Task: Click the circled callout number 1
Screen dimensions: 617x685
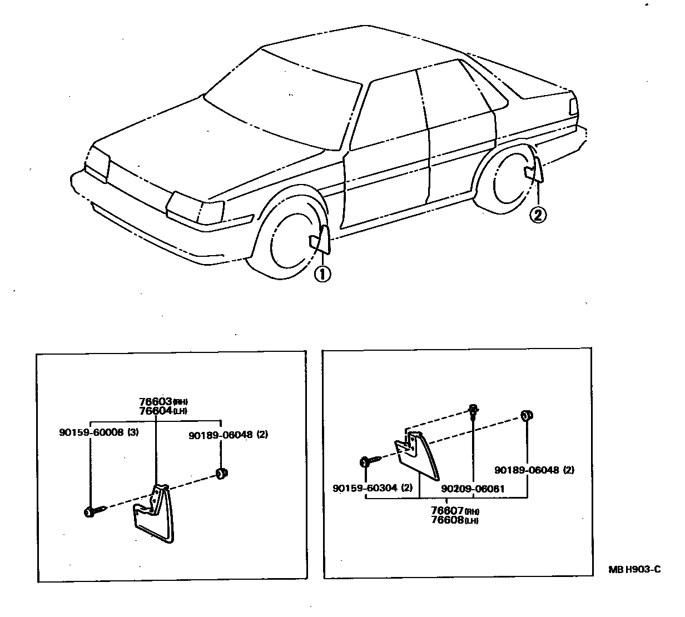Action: coord(322,274)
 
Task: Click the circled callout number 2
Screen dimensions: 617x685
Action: coord(538,214)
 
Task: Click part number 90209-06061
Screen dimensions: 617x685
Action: coord(472,489)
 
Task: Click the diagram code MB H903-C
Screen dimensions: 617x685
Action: coord(634,570)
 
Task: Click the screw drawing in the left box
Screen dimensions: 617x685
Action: coord(95,511)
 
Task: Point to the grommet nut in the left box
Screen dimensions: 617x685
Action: coord(222,474)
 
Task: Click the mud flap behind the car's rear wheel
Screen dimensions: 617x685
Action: coord(534,171)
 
